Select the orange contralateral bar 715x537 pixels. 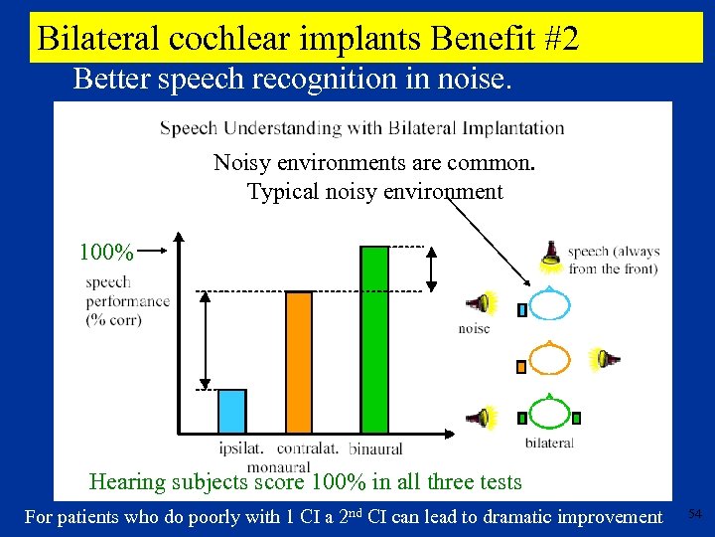pyautogui.click(x=299, y=362)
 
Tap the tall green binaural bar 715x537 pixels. pyautogui.click(x=374, y=339)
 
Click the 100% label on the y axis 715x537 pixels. pyautogui.click(x=105, y=251)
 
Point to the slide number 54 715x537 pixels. pyautogui.click(x=695, y=513)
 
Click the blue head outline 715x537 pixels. pyautogui.click(x=548, y=304)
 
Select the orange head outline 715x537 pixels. pyautogui.click(x=548, y=360)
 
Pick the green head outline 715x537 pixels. pyautogui.click(x=548, y=415)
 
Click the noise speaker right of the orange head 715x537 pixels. pyautogui.click(x=603, y=358)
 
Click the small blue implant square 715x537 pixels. pyautogui.click(x=522, y=309)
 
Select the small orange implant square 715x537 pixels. pyautogui.click(x=521, y=366)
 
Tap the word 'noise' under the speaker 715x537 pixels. pyautogui.click(x=474, y=328)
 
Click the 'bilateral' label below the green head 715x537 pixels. pyautogui.click(x=549, y=443)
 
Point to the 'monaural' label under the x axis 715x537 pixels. pyautogui.click(x=279, y=465)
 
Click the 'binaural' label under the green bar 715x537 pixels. pyautogui.click(x=375, y=450)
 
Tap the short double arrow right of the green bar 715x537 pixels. pyautogui.click(x=432, y=268)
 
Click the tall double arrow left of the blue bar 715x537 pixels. pyautogui.click(x=206, y=340)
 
